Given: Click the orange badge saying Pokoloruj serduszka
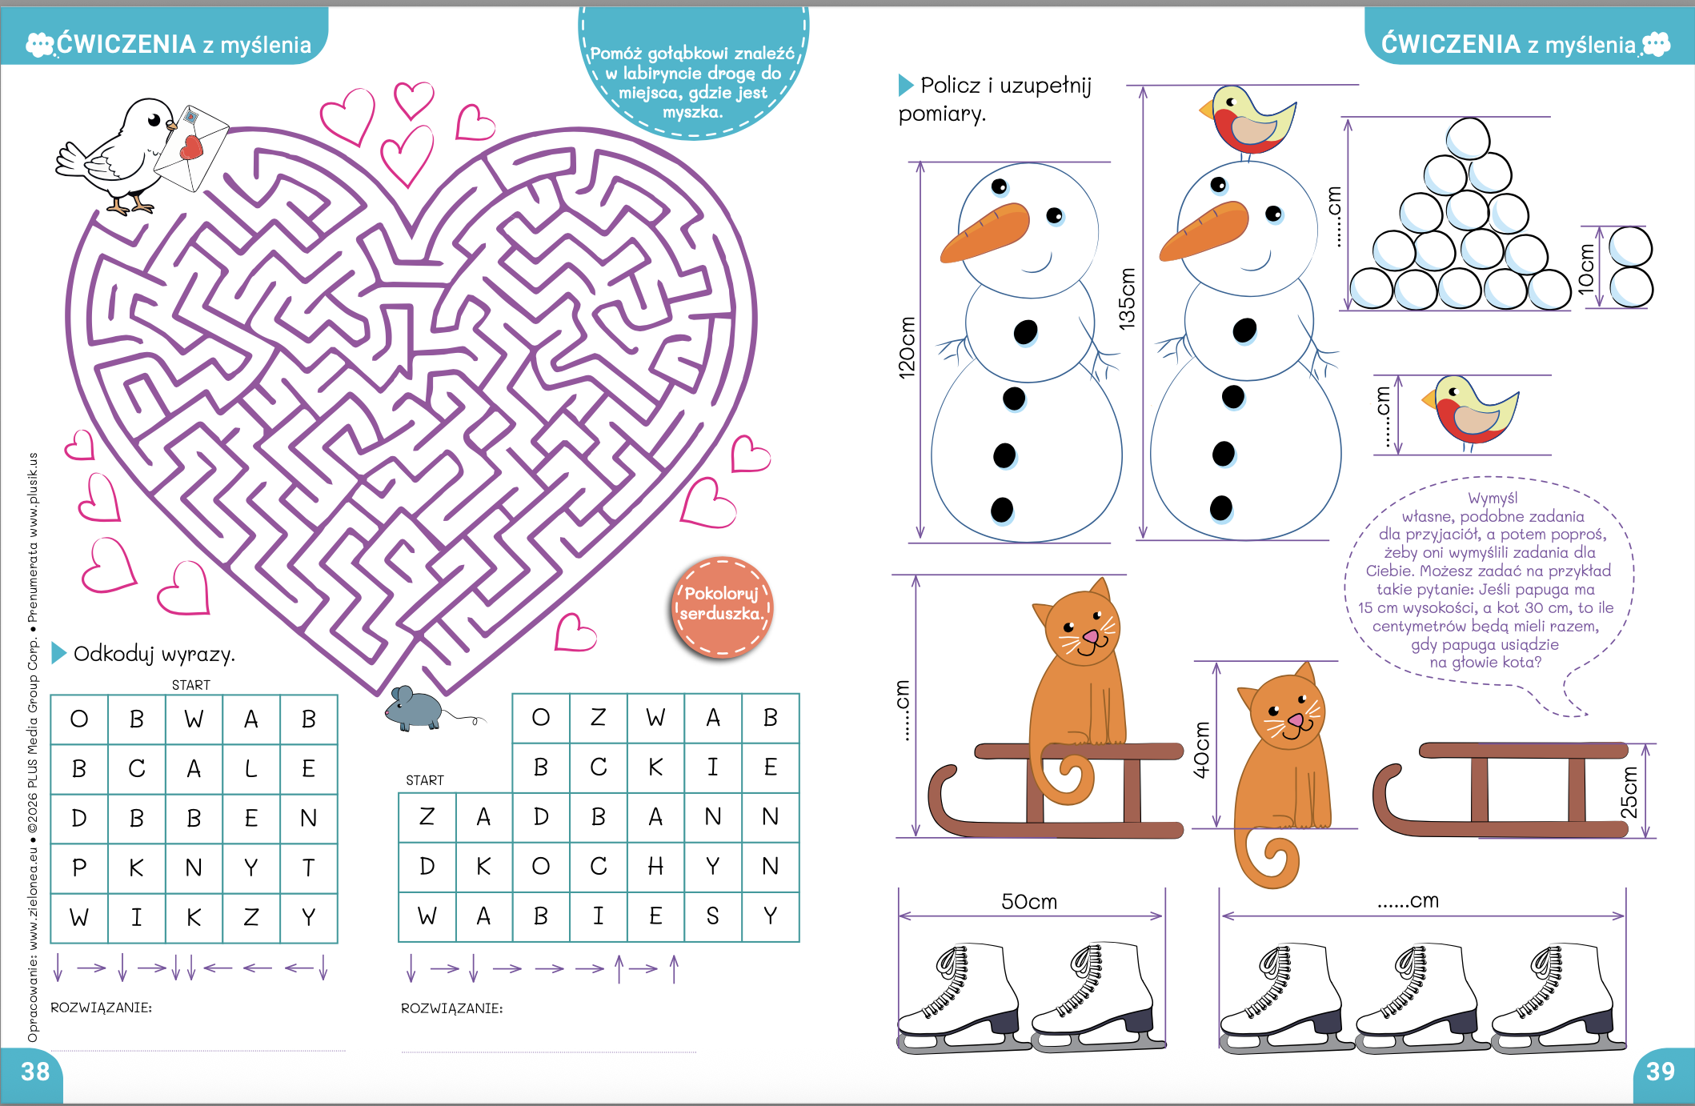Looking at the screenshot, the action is tap(722, 606).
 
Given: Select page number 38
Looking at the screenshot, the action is tap(35, 1072).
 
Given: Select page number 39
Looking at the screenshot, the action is tap(1661, 1072).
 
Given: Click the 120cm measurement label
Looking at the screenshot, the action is tap(906, 347).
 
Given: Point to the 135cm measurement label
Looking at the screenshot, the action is tap(1126, 299).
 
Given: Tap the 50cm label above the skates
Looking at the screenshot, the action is tap(1029, 902).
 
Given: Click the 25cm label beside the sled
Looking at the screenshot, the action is tap(1629, 791).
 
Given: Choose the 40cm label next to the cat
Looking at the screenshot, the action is tap(1201, 750).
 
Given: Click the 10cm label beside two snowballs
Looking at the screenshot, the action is tap(1585, 269).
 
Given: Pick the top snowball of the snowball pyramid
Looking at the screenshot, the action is tap(1468, 138).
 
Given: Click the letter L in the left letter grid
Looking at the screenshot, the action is tap(250, 769).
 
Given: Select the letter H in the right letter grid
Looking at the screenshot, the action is tap(655, 866).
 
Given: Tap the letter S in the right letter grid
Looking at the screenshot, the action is tap(712, 916).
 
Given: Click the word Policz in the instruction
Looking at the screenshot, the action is tap(950, 85).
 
